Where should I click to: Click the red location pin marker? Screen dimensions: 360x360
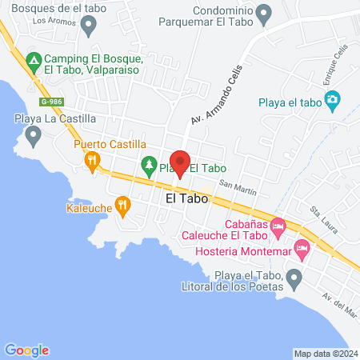pos(181,162)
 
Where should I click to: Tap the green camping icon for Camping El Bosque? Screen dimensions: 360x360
pos(34,60)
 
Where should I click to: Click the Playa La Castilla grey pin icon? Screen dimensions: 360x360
pos(34,137)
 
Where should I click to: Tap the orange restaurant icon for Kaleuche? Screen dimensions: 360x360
pos(122,207)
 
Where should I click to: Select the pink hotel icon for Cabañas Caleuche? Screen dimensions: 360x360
pos(278,228)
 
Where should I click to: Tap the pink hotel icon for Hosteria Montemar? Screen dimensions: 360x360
pos(302,250)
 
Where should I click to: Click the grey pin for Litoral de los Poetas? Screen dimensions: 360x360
pos(294,279)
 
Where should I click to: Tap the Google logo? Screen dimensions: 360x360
pos(26,350)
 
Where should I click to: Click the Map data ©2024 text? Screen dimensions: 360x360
pos(325,353)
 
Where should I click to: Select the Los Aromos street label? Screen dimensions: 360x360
pos(49,21)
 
